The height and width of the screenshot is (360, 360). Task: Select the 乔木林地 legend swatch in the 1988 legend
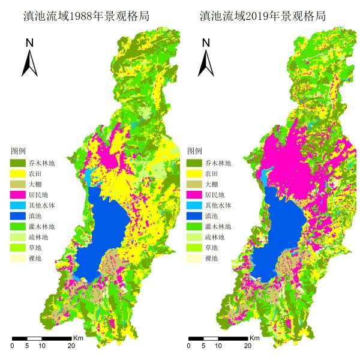coord(18,163)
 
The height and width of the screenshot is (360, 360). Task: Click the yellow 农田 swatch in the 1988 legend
coord(18,173)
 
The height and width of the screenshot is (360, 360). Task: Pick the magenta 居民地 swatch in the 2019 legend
coord(194,195)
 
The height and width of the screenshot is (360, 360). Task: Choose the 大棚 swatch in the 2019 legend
coord(194,184)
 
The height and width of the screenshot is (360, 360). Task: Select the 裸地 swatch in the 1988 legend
coord(18,259)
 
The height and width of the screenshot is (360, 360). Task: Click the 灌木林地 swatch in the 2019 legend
coord(194,227)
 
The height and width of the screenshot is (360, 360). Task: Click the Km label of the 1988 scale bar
coord(78,338)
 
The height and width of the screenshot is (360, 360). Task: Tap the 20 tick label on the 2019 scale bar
coord(247,346)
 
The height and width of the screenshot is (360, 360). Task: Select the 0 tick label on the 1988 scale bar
coord(13,346)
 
